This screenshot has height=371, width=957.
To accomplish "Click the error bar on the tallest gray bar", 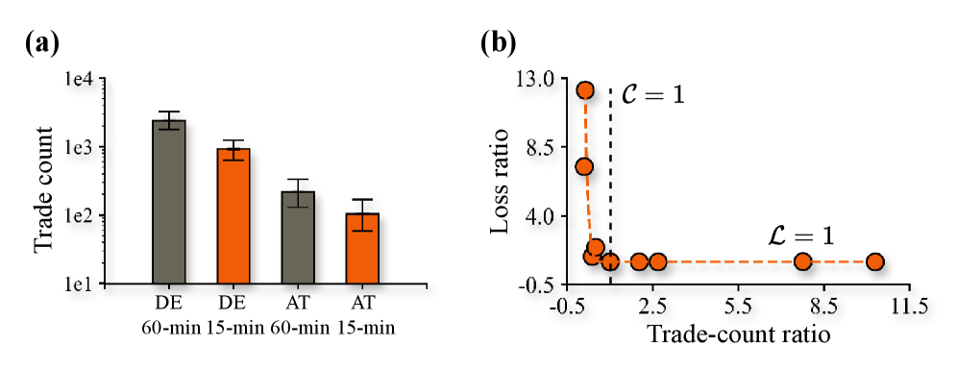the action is tap(169, 125).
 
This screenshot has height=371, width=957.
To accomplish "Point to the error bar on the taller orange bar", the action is tap(233, 155).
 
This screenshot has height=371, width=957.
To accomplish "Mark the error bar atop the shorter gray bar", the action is tap(298, 201).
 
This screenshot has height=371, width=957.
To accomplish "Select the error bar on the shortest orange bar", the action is tap(362, 224).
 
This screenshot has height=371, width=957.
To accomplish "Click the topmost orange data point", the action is tap(585, 90).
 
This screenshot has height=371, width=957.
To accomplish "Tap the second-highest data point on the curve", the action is tap(584, 166).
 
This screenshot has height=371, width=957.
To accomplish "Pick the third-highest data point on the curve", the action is tap(596, 247).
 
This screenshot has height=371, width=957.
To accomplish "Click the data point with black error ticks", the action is tap(610, 261).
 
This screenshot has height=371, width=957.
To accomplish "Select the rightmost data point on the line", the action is tap(874, 261).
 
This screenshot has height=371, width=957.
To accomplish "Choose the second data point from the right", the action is tap(802, 261).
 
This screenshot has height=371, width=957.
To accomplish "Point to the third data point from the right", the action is tap(658, 261).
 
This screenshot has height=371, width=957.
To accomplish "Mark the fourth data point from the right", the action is tap(639, 261).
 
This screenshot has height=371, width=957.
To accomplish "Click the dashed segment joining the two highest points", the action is tap(585, 128).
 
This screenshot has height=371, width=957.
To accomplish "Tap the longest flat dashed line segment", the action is tap(730, 261).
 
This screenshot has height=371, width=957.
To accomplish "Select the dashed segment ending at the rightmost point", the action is tap(839, 261).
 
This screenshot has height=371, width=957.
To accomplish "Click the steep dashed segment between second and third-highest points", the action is tap(588, 207).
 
